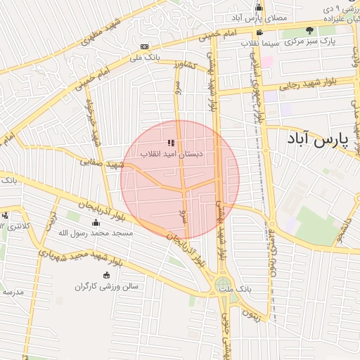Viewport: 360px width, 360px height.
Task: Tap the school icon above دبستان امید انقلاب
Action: pos(171,142)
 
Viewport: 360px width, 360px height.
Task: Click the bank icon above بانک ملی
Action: pos(144,47)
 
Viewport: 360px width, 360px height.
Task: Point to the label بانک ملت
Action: pos(234,289)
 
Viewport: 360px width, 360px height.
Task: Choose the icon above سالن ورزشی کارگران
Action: pos(106,275)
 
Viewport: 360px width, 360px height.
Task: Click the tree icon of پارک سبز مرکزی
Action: pos(310,30)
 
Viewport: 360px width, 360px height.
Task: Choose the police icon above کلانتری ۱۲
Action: pos(5,215)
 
